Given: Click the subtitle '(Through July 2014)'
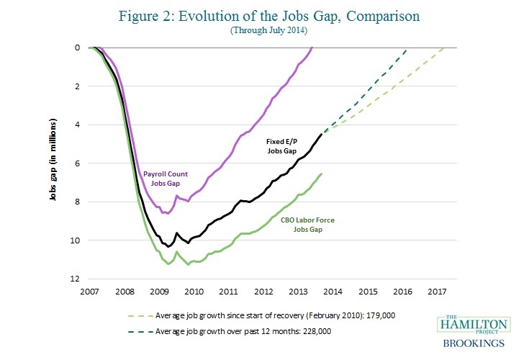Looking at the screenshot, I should (x=261, y=32).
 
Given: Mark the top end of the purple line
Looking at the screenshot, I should (x=312, y=48).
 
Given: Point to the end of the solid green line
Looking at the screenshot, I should (x=321, y=174).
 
